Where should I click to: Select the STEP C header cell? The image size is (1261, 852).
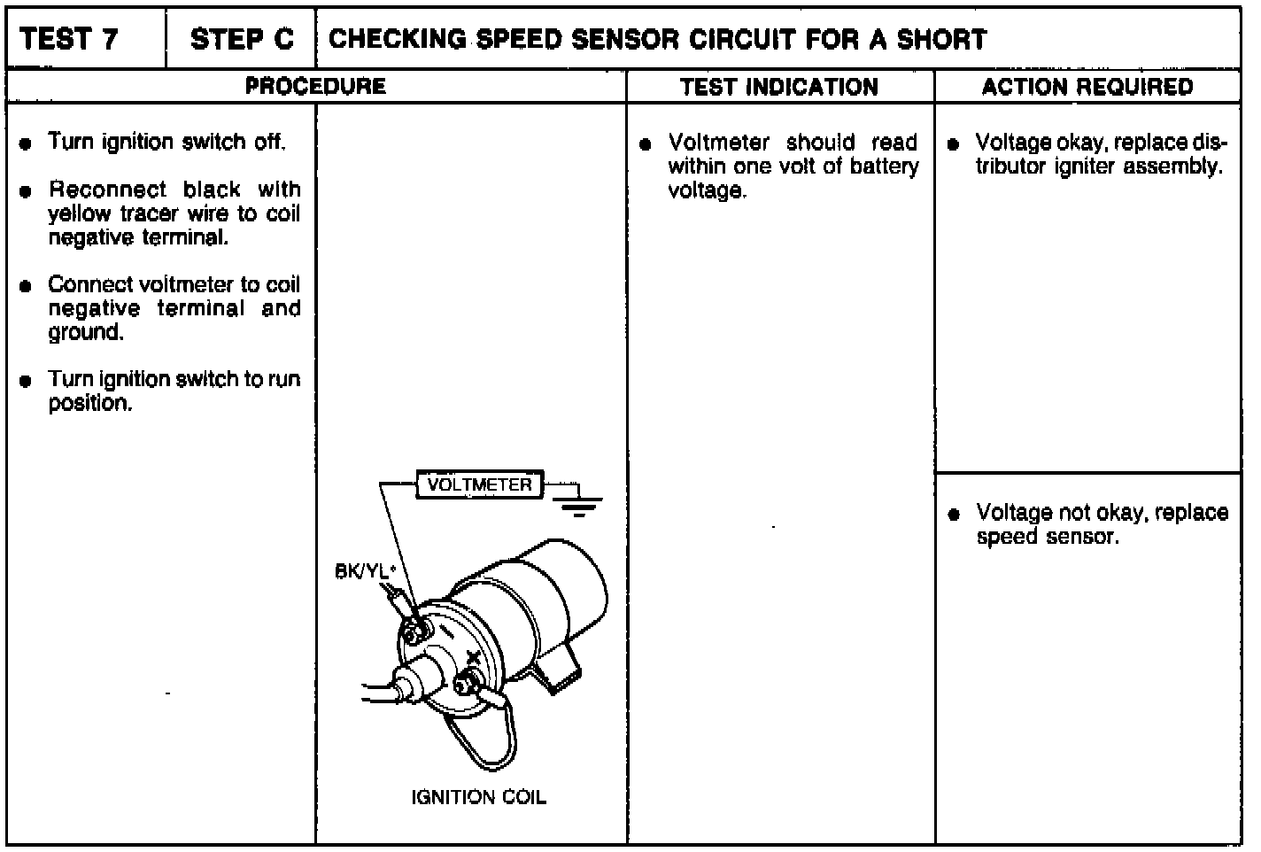pos(241,40)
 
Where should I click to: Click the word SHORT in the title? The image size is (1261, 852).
pos(941,40)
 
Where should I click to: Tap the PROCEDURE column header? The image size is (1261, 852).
pos(315,87)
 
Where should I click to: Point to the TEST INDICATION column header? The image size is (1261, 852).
pos(779,87)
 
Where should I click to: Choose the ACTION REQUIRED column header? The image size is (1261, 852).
pos(1087,87)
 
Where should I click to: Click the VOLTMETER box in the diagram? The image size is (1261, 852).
pos(479,485)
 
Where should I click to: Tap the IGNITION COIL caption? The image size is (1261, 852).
pos(478,798)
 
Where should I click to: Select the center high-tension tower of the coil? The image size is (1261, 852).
pos(410,686)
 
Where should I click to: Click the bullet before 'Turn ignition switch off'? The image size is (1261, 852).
pos(27,143)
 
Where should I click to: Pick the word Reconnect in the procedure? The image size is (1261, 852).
pos(107,190)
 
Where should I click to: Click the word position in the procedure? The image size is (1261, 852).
pos(89,404)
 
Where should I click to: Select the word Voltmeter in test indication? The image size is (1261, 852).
pos(718,143)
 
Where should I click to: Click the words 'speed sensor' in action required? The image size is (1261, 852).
pos(1047,537)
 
